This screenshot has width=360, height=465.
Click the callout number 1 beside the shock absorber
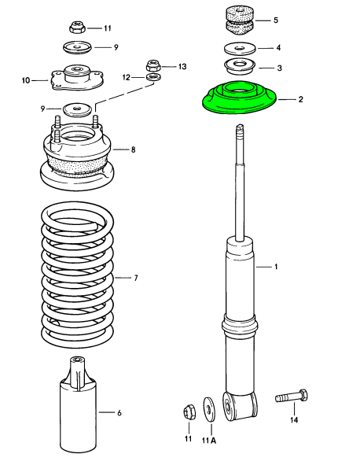[x=276, y=268]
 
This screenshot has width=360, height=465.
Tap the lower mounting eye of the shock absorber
[x=241, y=404]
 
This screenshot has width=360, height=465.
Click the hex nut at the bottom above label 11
[x=188, y=411]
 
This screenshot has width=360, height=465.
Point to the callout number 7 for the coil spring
[x=135, y=278]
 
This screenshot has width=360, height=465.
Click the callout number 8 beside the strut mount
[x=133, y=149]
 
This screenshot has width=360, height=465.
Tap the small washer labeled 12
[x=154, y=77]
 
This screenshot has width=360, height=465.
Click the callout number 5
[x=275, y=20]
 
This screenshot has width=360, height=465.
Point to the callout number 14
[x=295, y=421]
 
